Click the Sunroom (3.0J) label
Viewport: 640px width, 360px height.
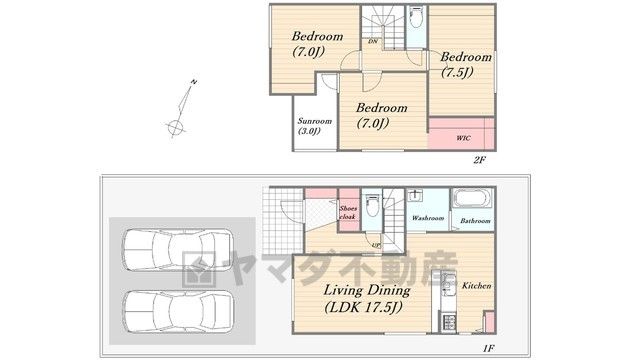[x=314, y=126]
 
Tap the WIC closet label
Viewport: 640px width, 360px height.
[x=463, y=138]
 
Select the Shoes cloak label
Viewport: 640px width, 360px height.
[x=348, y=213]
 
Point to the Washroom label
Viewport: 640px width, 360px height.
[x=427, y=218]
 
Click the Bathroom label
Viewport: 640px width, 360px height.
[x=475, y=221]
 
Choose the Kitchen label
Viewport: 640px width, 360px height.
[x=476, y=286]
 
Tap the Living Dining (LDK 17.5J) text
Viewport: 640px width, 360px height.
[x=366, y=298]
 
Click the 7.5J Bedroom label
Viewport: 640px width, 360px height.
[x=465, y=64]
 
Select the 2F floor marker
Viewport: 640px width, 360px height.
[x=479, y=160]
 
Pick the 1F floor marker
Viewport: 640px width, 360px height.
[x=488, y=348]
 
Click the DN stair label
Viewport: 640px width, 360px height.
[x=372, y=41]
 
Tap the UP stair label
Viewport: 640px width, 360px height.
[x=376, y=245]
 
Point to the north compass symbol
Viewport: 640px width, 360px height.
[x=181, y=109]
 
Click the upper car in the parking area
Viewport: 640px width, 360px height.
[x=178, y=249]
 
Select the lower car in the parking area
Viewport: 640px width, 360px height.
[x=178, y=311]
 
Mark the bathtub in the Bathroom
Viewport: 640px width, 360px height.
[x=473, y=198]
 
